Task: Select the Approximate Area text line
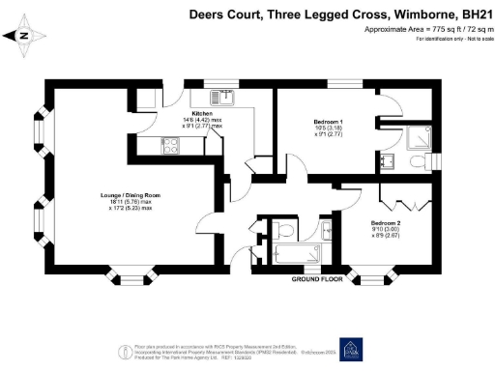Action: tap(421, 30)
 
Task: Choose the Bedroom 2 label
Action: tap(391, 223)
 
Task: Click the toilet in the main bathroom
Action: tap(283, 230)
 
